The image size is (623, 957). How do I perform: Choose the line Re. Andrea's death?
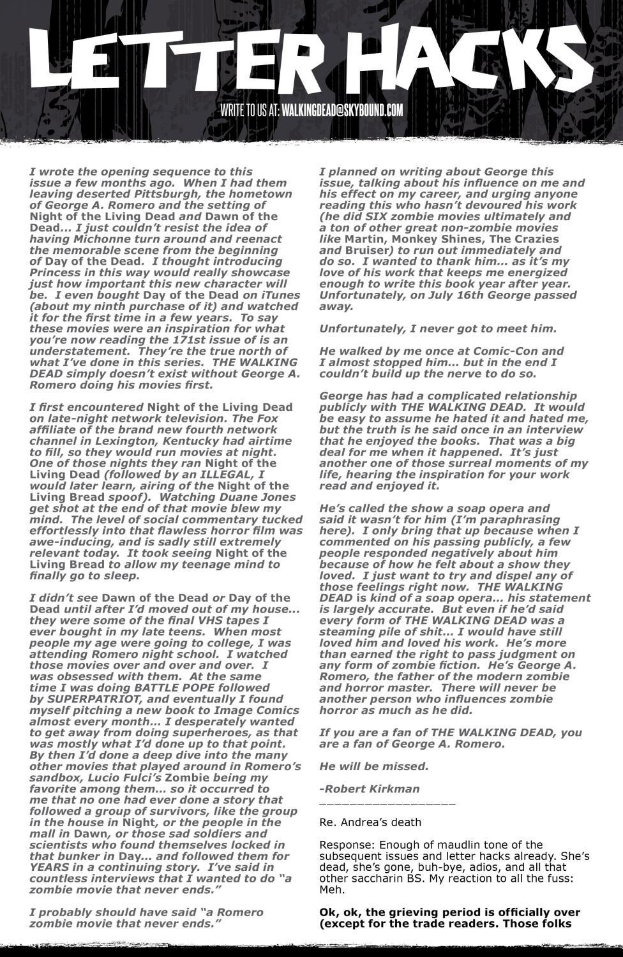(x=370, y=822)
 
